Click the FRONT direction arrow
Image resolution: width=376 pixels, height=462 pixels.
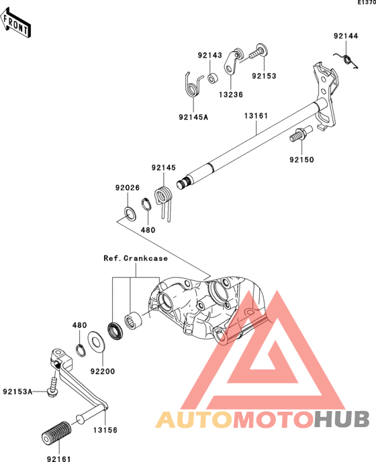coord(15,23)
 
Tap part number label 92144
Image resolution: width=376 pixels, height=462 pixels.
coord(346,36)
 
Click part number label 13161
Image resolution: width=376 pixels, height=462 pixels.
coord(256,116)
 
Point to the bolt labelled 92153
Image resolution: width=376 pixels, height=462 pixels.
coord(258,52)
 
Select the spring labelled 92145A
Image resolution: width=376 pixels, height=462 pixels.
coord(193,85)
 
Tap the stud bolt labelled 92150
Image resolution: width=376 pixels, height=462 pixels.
coord(300,133)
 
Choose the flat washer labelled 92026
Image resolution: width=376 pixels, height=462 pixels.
coord(130,214)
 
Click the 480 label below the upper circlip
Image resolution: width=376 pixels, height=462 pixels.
coord(148,230)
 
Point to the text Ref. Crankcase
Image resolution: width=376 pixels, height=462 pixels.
coord(136,258)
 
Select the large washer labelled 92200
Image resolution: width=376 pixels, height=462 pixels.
coord(96,341)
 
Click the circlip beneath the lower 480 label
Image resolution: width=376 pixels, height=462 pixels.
coord(81,350)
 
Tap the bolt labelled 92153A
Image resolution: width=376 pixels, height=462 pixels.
coord(53,388)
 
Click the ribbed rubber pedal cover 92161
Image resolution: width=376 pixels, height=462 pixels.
coord(56,433)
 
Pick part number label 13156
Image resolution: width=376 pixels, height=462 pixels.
coord(105,430)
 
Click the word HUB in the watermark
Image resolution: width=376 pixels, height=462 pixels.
coord(342,419)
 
